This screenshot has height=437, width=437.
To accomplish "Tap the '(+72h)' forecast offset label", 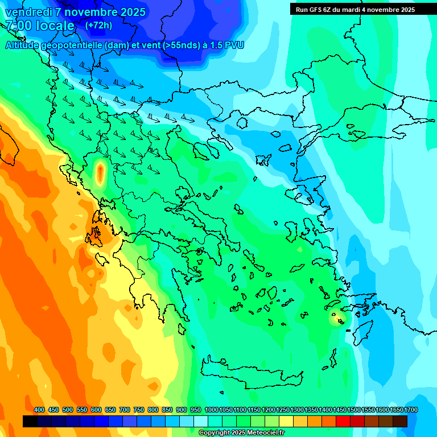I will (98, 26).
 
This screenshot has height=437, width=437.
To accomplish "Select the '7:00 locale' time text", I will (40, 26).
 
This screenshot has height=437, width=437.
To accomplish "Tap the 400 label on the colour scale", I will (39, 410).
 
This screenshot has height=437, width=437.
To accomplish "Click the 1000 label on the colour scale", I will (211, 410).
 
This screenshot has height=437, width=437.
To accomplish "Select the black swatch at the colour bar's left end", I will (30, 421).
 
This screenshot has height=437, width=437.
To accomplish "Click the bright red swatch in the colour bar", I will (343, 421).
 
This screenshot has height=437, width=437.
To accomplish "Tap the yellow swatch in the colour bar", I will (286, 421).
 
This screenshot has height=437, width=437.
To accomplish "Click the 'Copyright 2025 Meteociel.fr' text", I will (241, 433).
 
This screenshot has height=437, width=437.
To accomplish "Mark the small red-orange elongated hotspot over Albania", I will (100, 174).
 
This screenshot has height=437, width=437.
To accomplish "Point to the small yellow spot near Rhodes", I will (336, 319).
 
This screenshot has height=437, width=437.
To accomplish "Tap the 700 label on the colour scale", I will (125, 410).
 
